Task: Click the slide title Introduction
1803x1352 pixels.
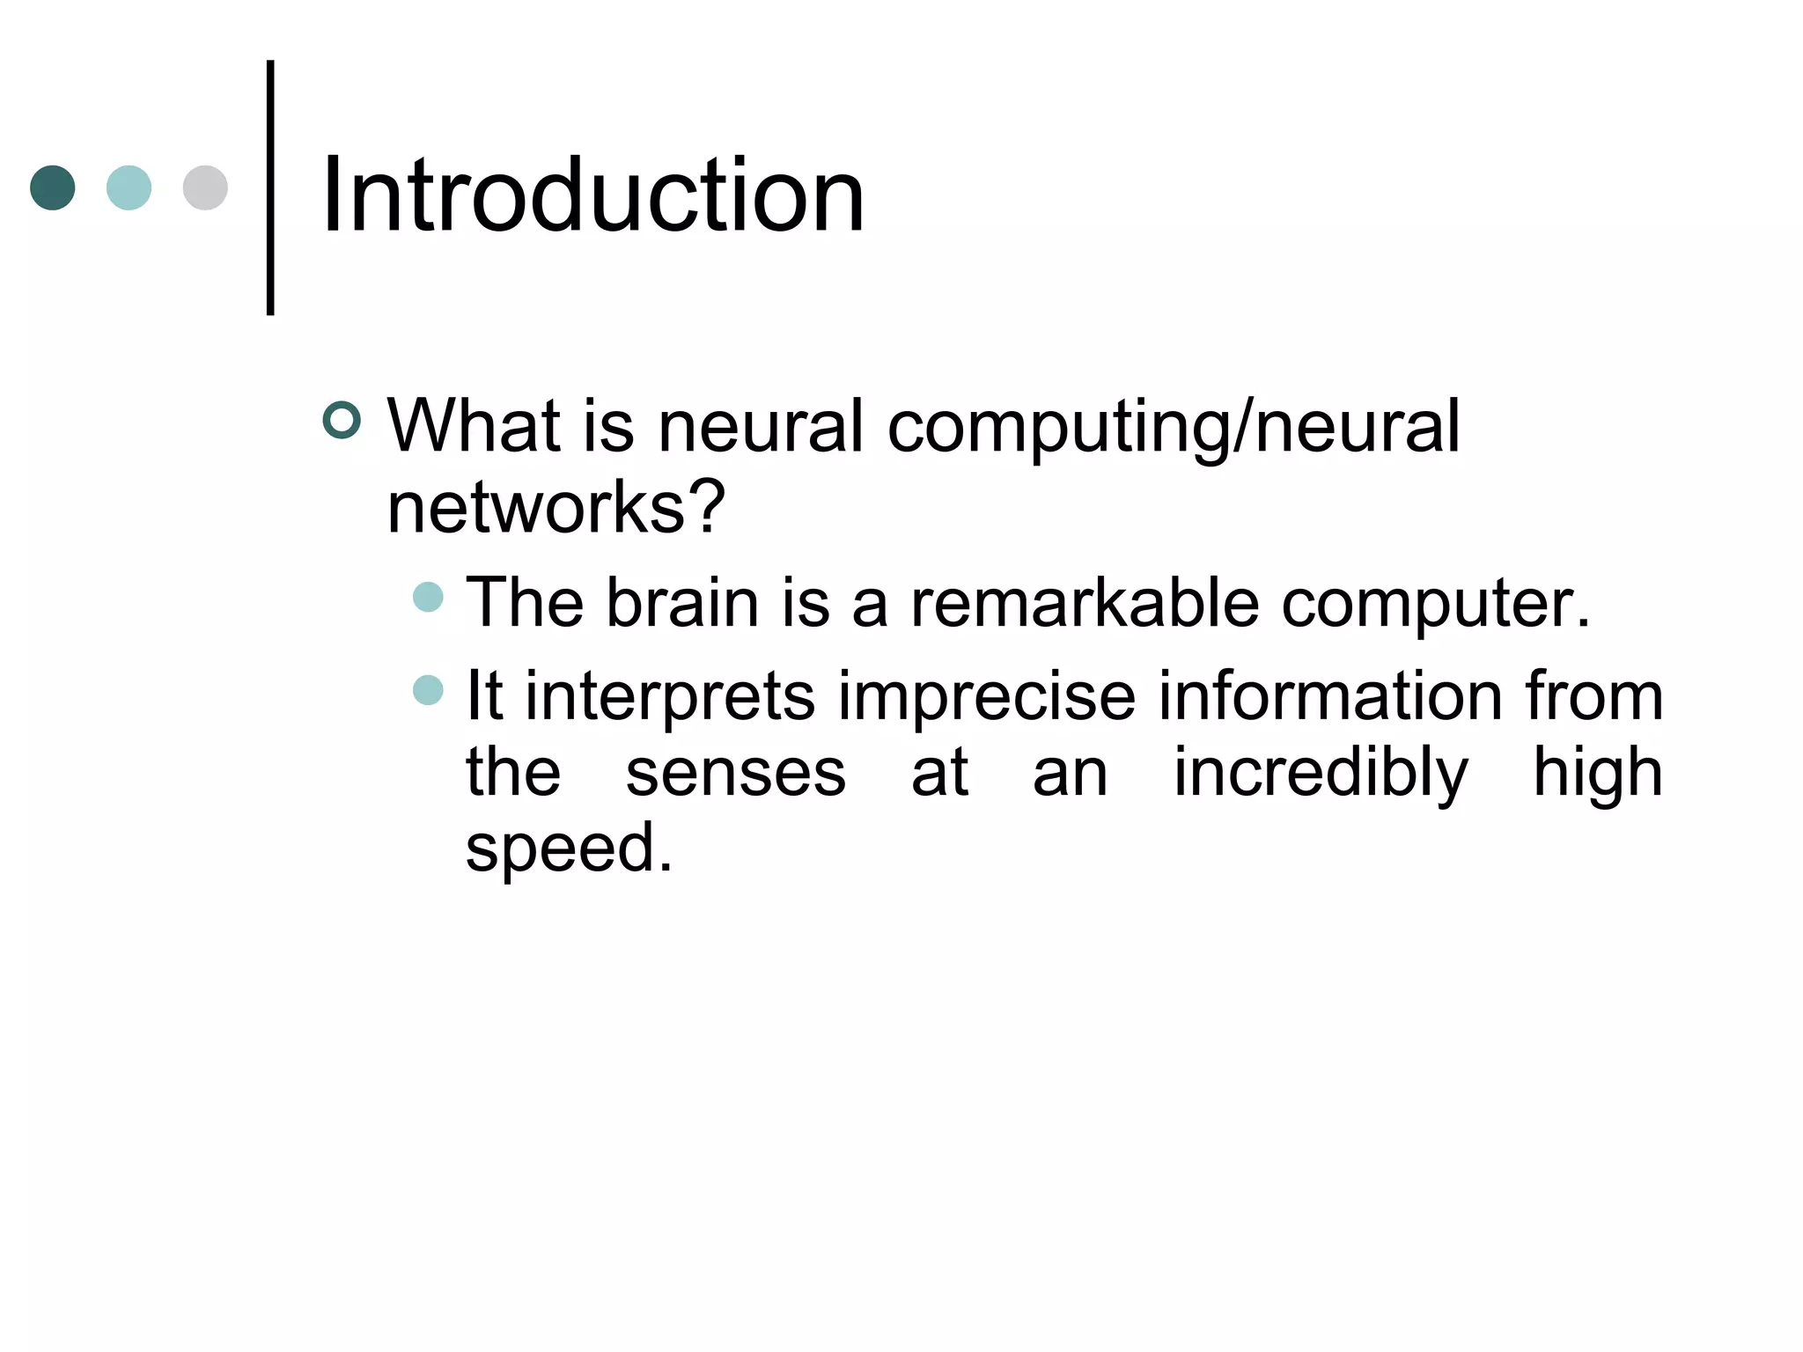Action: pyautogui.click(x=592, y=195)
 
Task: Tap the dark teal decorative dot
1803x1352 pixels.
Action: pyautogui.click(x=53, y=187)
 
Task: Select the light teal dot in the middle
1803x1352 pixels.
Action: pyautogui.click(x=129, y=187)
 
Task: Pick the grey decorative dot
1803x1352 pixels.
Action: pyautogui.click(x=205, y=187)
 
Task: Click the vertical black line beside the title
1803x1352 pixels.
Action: pyautogui.click(x=270, y=187)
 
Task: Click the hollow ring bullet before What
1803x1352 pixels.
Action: pyautogui.click(x=342, y=420)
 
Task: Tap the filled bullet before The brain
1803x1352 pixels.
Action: pyautogui.click(x=428, y=597)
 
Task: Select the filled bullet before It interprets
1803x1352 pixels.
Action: pyautogui.click(x=428, y=690)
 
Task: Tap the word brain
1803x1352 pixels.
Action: pyautogui.click(x=682, y=604)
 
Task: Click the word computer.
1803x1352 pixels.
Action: pyautogui.click(x=1435, y=606)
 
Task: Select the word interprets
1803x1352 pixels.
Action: pyautogui.click(x=670, y=697)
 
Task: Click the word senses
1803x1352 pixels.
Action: pyautogui.click(x=735, y=773)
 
